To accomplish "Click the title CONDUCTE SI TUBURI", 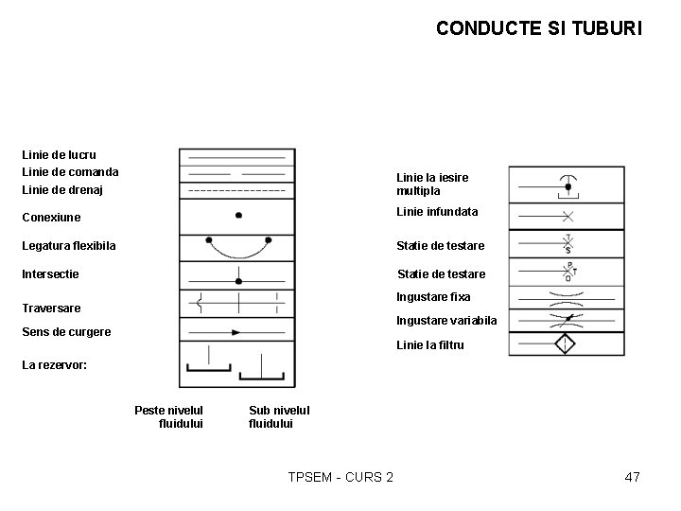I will point(538,28).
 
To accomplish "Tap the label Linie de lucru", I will point(59,154).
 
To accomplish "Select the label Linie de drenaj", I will point(62,190).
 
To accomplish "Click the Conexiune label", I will point(51,218).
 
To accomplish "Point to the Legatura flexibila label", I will point(69,246).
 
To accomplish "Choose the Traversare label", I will point(51,308).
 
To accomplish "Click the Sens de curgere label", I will point(66,332).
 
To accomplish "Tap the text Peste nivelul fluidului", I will point(169,416).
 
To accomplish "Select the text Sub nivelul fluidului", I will point(279,416).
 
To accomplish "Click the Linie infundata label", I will point(437,212).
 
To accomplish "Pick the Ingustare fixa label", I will point(433,297).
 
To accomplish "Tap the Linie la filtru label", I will point(430,345).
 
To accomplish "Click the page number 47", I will point(633,477).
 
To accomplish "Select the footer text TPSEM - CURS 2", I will point(340,477).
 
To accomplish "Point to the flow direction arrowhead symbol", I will point(236,332).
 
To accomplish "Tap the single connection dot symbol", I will point(238,216).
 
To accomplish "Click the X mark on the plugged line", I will point(568,216).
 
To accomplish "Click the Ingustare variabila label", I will point(446,321).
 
